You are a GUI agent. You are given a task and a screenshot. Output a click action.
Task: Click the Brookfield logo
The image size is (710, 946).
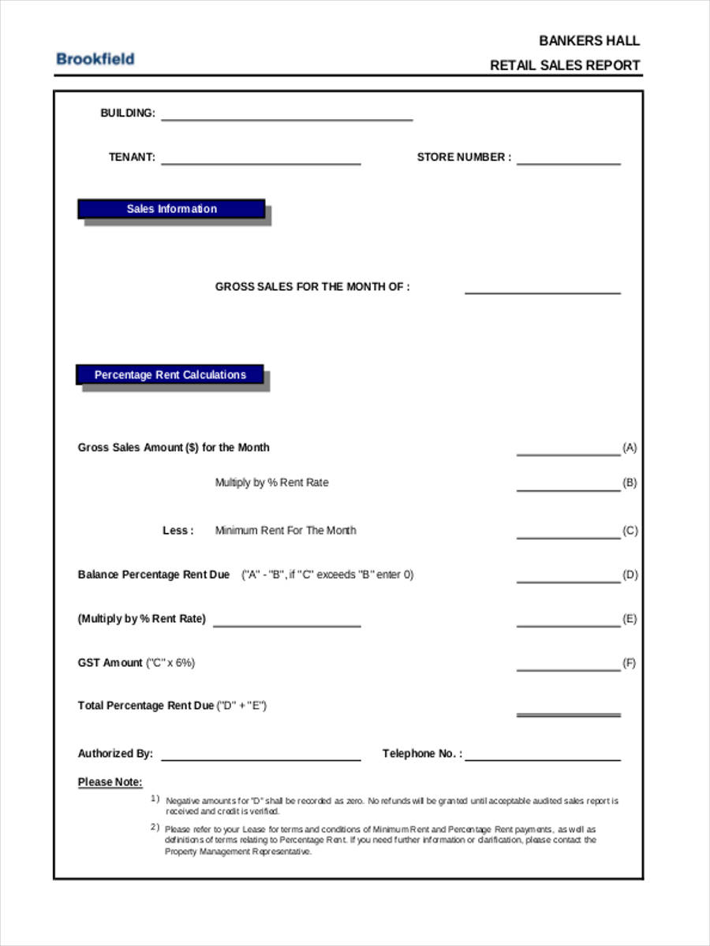point(95,58)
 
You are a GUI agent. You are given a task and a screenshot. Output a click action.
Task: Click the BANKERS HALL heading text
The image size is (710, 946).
point(589,41)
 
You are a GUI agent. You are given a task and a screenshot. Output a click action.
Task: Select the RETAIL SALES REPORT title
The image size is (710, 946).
point(565,65)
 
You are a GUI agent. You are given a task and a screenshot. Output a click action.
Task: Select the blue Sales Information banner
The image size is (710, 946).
point(171,209)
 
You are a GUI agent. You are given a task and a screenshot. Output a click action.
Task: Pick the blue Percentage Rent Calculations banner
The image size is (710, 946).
point(170,375)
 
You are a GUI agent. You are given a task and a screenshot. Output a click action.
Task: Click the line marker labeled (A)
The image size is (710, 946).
point(630,448)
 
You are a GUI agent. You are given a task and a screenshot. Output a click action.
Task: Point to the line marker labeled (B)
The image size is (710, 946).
point(630,482)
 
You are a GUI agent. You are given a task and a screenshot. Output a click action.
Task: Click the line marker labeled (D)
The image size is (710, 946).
point(630,575)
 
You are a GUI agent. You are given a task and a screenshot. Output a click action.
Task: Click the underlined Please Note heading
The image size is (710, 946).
point(110,782)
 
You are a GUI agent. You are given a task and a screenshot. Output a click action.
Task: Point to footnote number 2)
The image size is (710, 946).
point(155,827)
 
